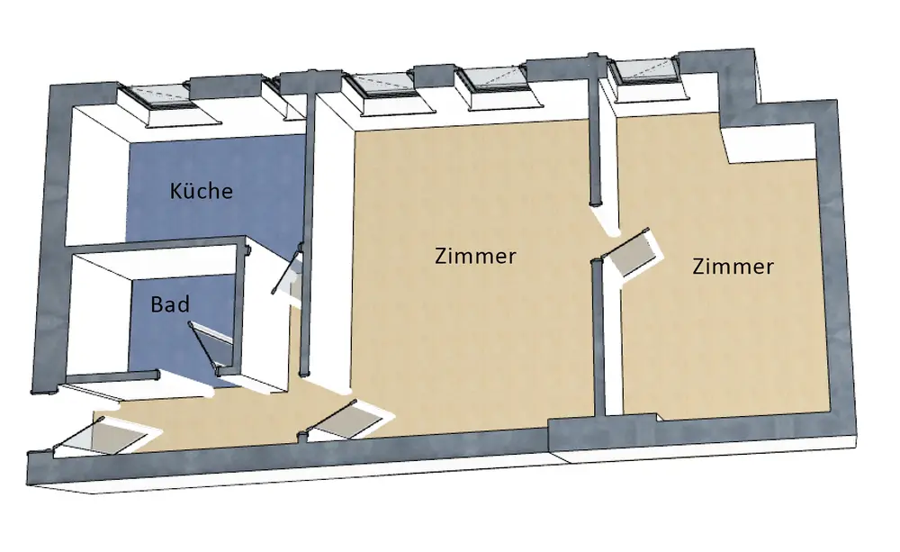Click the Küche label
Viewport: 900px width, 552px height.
202,191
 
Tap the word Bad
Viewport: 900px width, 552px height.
170,304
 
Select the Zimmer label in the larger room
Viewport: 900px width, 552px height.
475,256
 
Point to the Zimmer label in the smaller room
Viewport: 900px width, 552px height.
733,267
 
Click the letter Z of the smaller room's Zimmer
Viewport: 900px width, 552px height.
699,267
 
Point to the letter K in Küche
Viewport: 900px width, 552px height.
176,191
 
